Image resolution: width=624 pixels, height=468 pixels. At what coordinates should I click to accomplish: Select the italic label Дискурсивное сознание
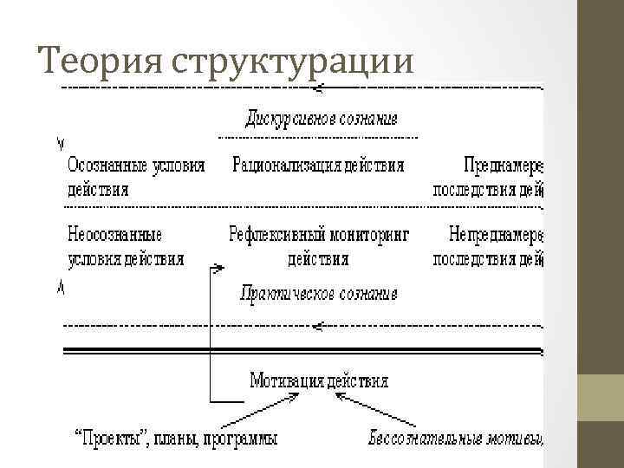(321, 118)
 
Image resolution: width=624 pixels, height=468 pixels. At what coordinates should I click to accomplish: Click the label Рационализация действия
(318, 165)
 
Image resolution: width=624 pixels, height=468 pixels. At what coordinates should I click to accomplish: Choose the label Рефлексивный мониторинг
(318, 234)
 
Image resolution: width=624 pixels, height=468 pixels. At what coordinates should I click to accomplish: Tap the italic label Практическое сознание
(318, 294)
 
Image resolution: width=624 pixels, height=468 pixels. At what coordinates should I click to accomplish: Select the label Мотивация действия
(318, 380)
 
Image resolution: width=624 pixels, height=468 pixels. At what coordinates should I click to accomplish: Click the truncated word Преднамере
(503, 165)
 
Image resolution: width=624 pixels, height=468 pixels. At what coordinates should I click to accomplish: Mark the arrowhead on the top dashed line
(320, 87)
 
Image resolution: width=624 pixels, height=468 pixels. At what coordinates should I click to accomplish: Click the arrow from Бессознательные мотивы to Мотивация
(364, 408)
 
